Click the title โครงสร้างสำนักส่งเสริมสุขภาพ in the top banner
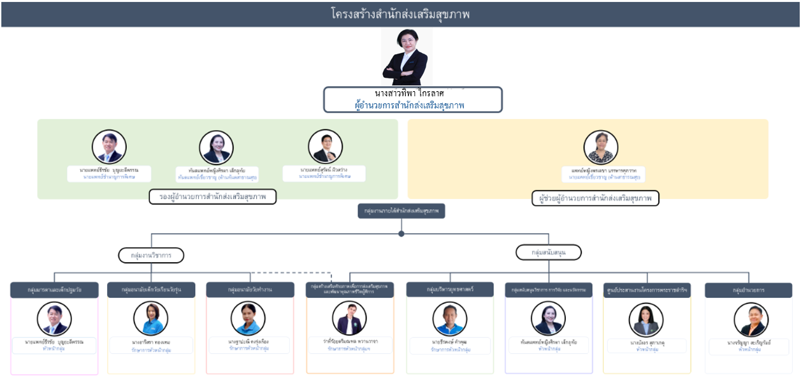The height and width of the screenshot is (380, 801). pos(400,14)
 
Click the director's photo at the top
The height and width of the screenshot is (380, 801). pos(406,57)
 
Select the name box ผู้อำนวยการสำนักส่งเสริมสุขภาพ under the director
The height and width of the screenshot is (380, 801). pos(412,100)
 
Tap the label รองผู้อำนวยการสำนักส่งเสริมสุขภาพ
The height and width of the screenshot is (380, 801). pos(213,197)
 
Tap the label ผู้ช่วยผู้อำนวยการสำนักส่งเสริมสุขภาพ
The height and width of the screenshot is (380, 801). pos(595,198)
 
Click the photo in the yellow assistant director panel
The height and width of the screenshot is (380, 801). pos(601,147)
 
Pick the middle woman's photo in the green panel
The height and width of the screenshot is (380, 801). pos(216,147)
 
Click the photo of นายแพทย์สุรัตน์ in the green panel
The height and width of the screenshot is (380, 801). pos(325,147)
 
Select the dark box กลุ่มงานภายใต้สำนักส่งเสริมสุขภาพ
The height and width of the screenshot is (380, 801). pos(401,210)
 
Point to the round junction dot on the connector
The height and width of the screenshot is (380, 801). pos(401,233)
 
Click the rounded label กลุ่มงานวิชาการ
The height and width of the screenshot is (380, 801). pos(151,255)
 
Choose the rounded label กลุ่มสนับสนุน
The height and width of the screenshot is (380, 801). pos(548,252)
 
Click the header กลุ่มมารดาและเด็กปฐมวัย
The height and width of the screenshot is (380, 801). pos(54,290)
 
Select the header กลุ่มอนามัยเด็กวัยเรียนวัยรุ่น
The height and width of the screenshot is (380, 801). pos(151,290)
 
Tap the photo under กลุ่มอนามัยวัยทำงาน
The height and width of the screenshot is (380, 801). pos(248,318)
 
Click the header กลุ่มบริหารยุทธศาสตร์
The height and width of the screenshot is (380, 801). pos(450,289)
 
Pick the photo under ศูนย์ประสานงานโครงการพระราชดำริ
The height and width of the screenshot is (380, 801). pos(646,319)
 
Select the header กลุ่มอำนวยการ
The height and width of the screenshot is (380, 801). pos(748,290)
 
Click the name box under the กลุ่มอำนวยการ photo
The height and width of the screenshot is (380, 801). pos(748,346)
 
